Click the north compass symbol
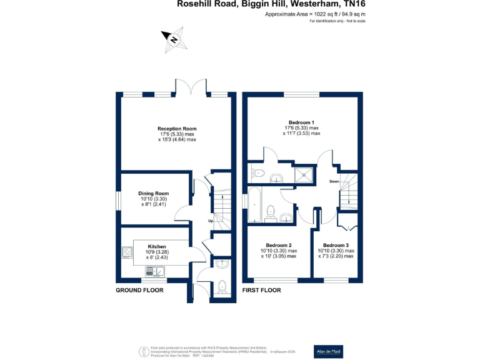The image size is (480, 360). click(174, 39)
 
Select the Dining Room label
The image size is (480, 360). click(154, 194)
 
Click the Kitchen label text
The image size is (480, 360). click(157, 246)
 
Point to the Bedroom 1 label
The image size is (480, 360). click(301, 122)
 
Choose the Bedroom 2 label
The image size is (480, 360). click(279, 246)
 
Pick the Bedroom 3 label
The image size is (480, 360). click(336, 246)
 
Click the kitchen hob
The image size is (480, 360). click(127, 252)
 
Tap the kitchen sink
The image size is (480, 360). click(154, 271)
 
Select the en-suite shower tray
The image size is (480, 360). click(304, 172)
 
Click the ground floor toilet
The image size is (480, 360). click(222, 287)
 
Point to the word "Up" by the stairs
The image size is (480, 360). click(211, 221)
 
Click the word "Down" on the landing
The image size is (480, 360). click(334, 181)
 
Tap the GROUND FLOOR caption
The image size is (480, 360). click(140, 291)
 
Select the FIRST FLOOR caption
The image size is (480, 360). click(262, 291)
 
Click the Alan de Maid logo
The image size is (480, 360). click(328, 351)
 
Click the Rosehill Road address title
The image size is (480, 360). click(271, 5)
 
